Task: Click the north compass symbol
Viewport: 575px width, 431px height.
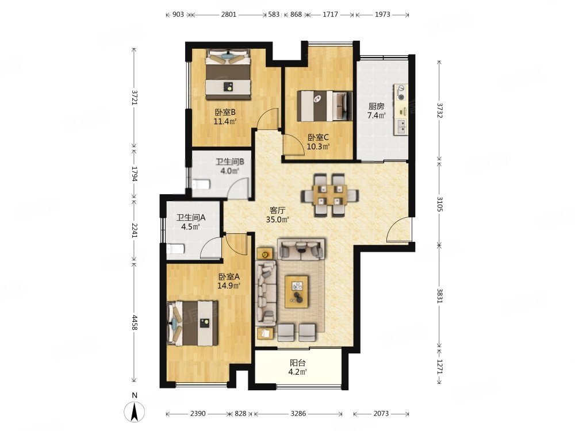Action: click(135, 411)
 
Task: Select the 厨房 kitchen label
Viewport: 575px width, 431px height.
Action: click(376, 106)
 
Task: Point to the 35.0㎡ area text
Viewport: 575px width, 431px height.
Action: click(278, 220)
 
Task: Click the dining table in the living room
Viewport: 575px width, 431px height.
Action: click(330, 194)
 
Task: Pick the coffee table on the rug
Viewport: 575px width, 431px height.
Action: click(297, 292)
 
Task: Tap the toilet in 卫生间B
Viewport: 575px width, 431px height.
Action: click(201, 184)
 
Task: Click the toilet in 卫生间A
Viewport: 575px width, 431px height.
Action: click(175, 249)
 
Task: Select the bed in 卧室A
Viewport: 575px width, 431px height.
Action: click(193, 323)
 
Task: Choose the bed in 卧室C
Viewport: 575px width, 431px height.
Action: click(324, 106)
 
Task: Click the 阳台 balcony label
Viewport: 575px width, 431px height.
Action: click(298, 363)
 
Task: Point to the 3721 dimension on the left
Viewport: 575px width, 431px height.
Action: click(134, 98)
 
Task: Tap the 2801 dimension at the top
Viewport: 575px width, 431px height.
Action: click(228, 15)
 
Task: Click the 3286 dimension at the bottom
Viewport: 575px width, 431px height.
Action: click(298, 414)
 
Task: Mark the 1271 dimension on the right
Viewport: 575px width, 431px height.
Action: click(439, 365)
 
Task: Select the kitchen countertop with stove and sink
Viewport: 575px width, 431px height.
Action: click(401, 110)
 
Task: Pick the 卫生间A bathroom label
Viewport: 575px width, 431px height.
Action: click(191, 218)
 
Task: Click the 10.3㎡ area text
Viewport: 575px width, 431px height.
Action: click(319, 147)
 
